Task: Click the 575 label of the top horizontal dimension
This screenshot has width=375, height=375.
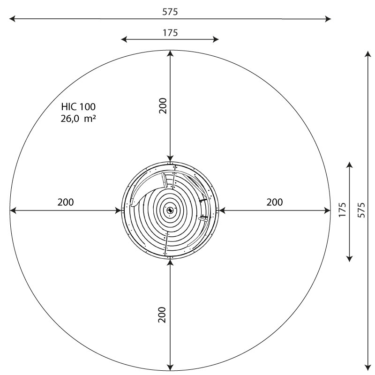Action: [170, 12]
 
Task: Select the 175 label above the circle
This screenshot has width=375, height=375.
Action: [170, 33]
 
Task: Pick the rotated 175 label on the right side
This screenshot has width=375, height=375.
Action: [342, 210]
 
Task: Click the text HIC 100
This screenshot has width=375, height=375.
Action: [78, 107]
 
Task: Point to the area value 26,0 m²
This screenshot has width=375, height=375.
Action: [78, 119]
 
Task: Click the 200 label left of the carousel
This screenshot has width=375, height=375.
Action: [66, 202]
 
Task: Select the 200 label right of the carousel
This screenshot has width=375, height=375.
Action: [275, 202]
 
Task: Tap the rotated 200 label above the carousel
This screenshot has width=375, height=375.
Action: [163, 106]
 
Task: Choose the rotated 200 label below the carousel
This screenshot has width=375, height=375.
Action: [162, 315]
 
